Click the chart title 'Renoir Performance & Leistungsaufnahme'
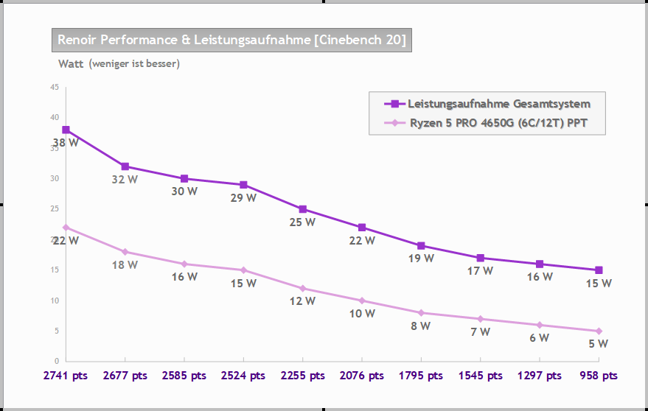231,40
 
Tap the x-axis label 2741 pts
66,376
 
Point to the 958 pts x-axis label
599,376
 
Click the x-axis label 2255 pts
302,376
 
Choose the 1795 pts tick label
421,376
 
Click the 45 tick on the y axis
55,87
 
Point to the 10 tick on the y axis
55,301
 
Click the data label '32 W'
125,179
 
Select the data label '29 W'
243,197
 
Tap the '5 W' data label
599,343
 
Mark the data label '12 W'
302,301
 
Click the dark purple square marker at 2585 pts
184,178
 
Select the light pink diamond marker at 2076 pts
362,301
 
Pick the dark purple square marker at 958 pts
599,270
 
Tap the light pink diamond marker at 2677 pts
125,252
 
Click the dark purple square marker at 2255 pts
302,209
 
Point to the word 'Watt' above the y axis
71,63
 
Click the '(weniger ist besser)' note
134,63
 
